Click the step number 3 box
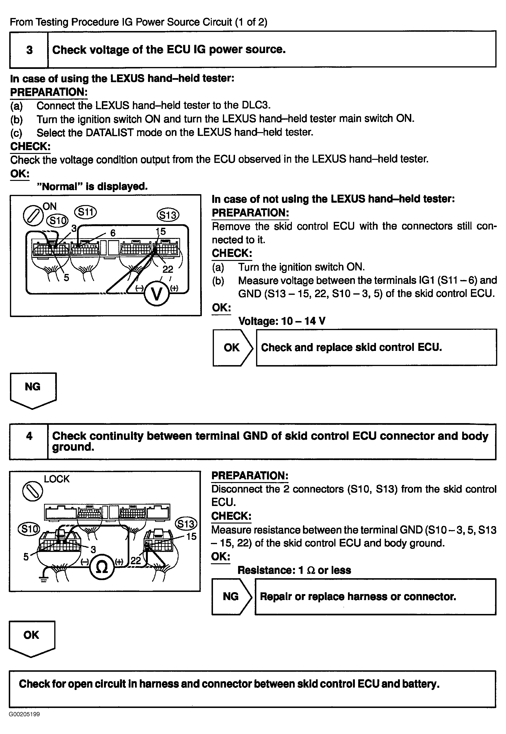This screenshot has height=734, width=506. [x=29, y=50]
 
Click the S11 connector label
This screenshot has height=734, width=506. [x=85, y=212]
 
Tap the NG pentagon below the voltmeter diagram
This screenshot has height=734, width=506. [x=33, y=390]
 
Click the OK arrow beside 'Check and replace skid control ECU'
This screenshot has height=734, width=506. [x=232, y=348]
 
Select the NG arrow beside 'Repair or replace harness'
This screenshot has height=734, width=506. [x=231, y=596]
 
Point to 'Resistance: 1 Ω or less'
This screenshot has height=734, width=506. [x=294, y=570]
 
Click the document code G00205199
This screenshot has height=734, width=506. [x=24, y=714]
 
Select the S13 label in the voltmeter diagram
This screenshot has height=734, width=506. [x=168, y=215]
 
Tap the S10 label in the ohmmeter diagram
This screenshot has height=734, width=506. [x=29, y=529]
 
